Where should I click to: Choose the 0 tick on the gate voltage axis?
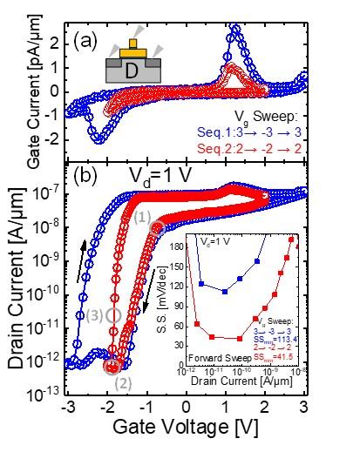click(x=186, y=408)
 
